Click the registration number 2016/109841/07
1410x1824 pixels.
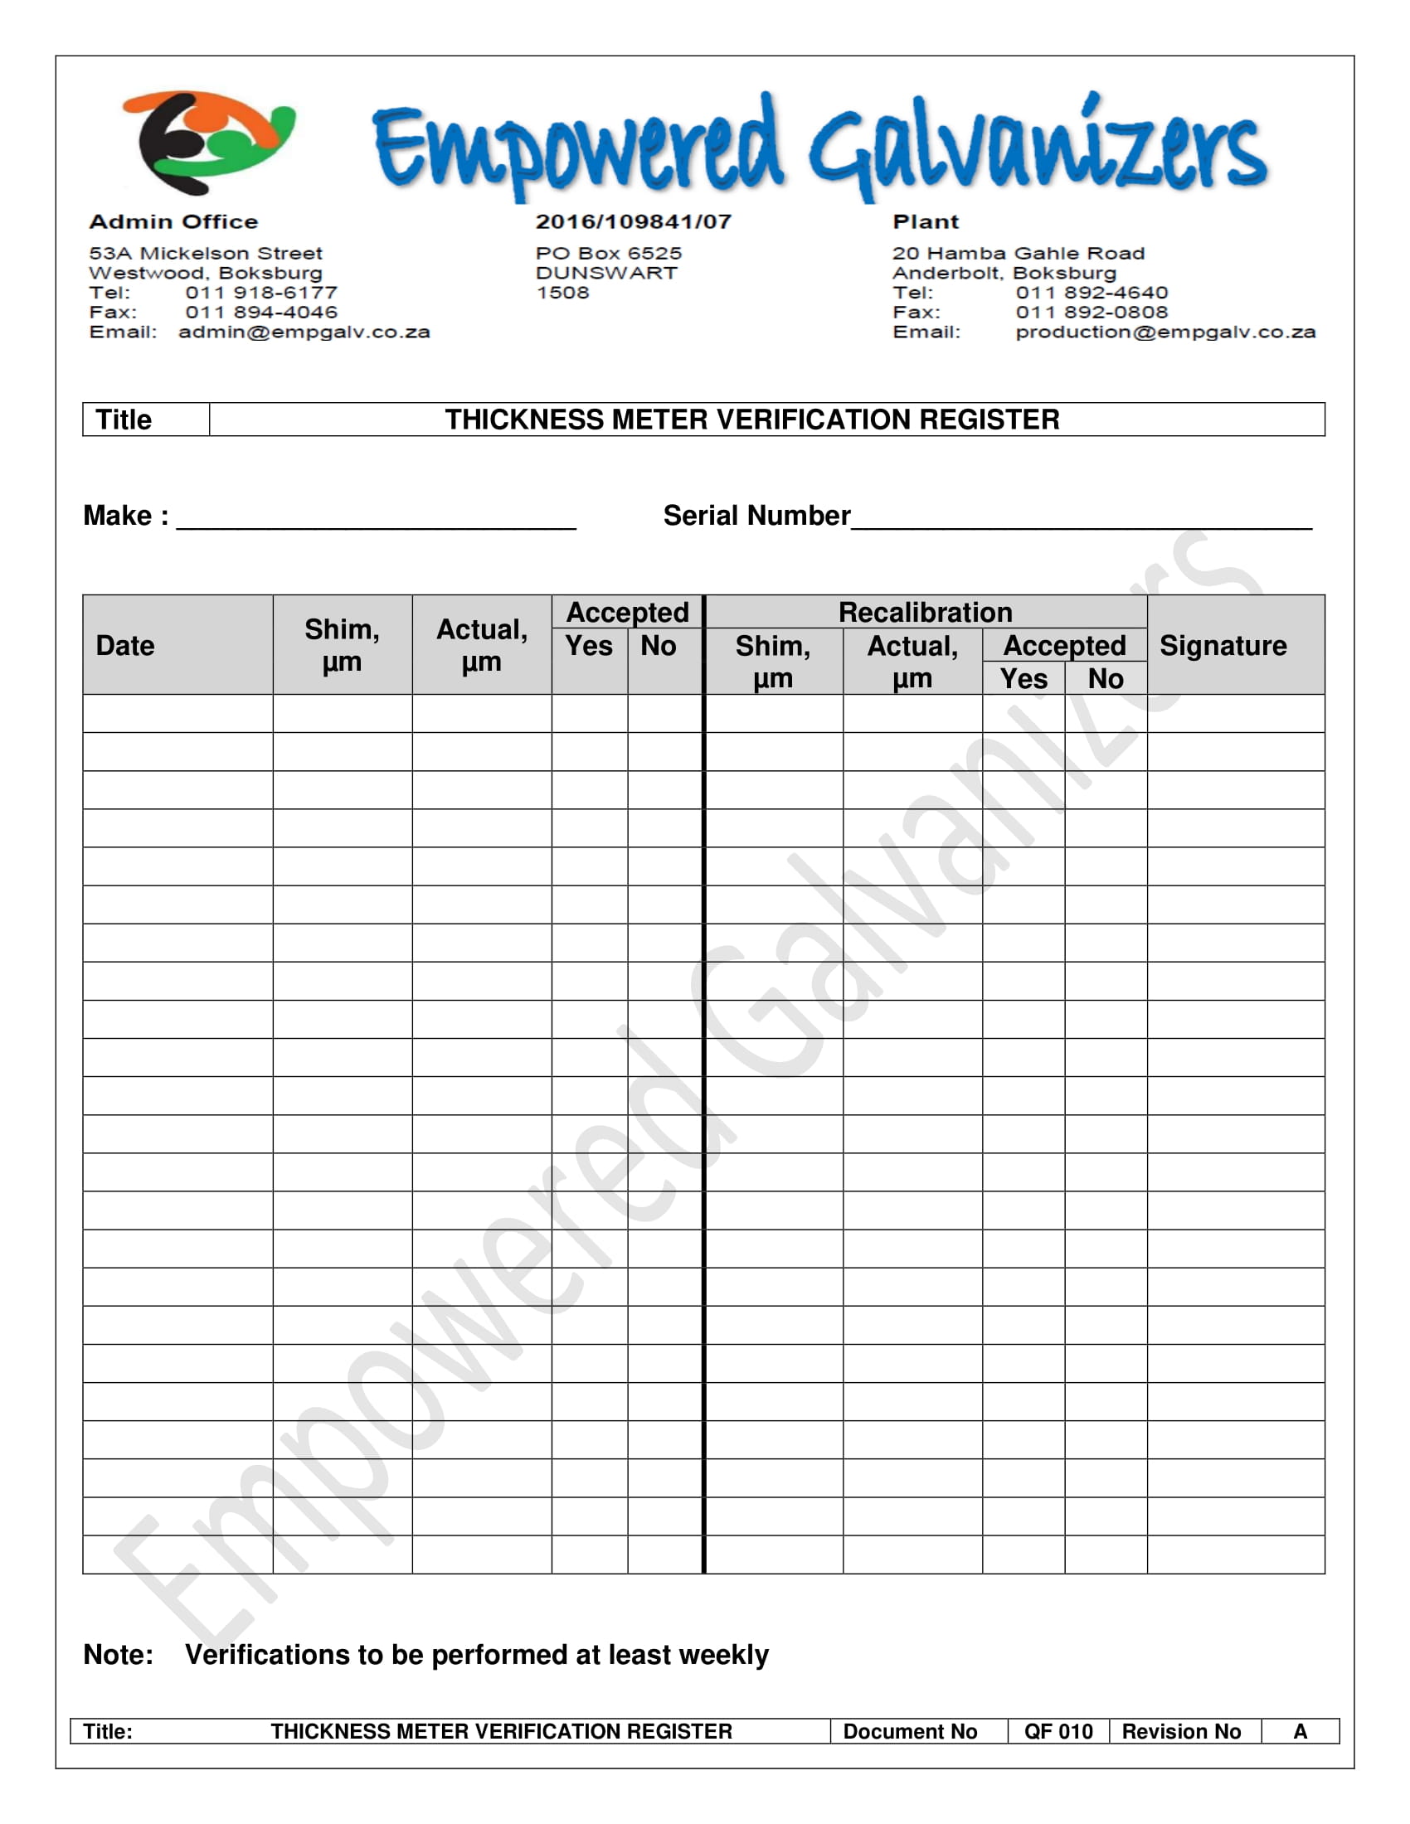tap(633, 221)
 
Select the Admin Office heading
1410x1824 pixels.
tap(173, 221)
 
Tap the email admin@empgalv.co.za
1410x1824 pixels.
tap(304, 332)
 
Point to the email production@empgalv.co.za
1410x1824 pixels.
tap(1165, 332)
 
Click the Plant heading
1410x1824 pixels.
tap(926, 221)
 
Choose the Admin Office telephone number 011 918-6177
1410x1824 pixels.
tap(261, 293)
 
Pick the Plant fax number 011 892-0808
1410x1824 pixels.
tap(1092, 312)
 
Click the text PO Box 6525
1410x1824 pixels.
tap(609, 253)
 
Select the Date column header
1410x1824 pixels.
tap(125, 646)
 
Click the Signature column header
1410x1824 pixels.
tap(1223, 646)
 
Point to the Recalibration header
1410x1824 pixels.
tap(925, 612)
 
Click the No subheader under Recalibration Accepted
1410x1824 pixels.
tap(1105, 679)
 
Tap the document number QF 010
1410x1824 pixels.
tap(1058, 1731)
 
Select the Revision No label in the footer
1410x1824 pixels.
tap(1181, 1731)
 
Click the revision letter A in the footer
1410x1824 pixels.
tap(1300, 1731)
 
